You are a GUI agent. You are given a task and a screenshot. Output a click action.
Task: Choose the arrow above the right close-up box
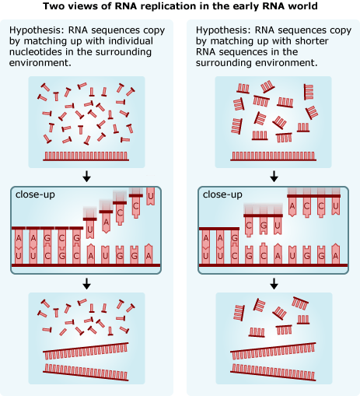(274, 177)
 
